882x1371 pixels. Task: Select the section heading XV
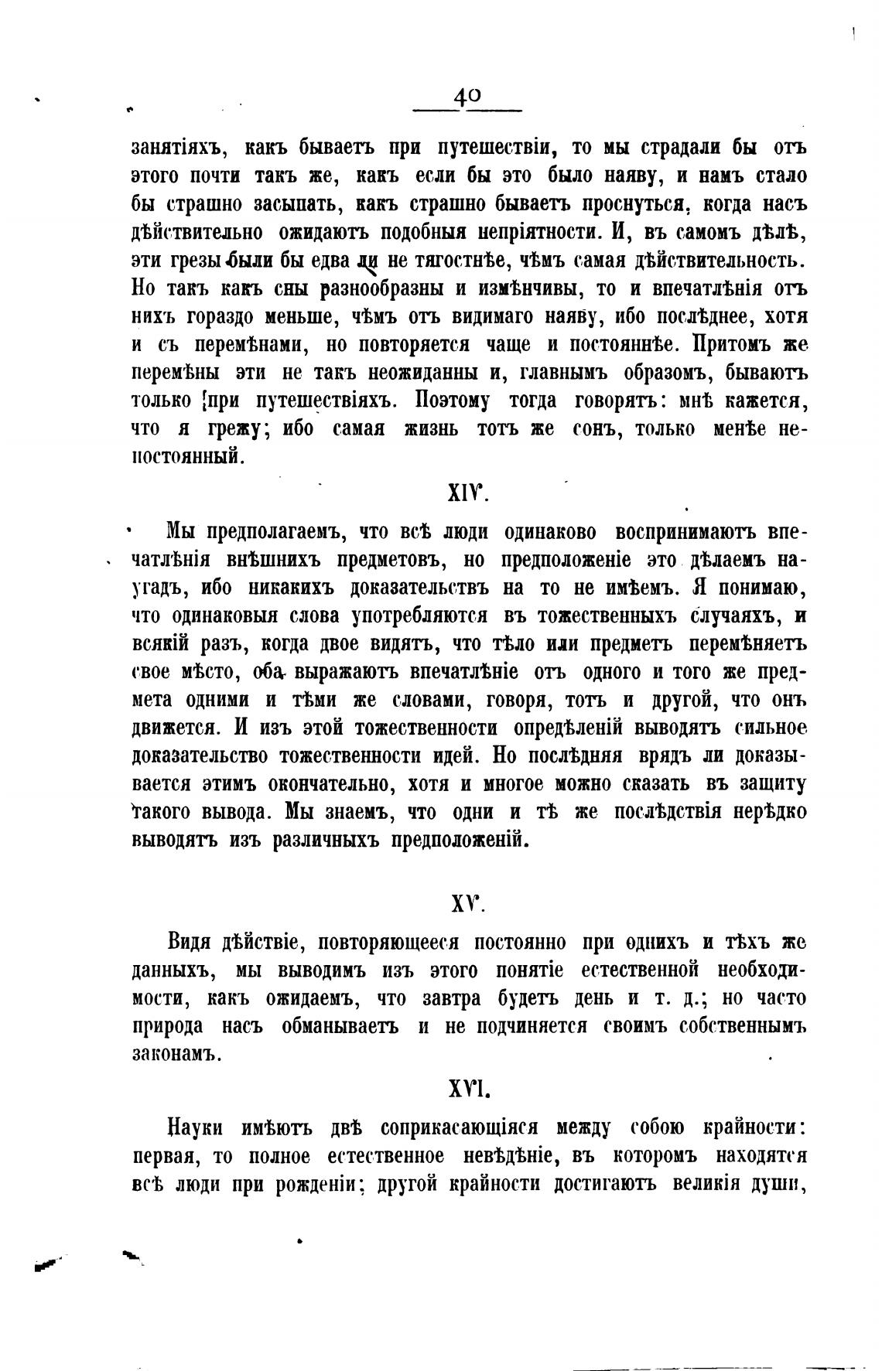click(x=467, y=902)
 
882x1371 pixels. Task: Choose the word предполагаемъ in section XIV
click(x=279, y=532)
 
